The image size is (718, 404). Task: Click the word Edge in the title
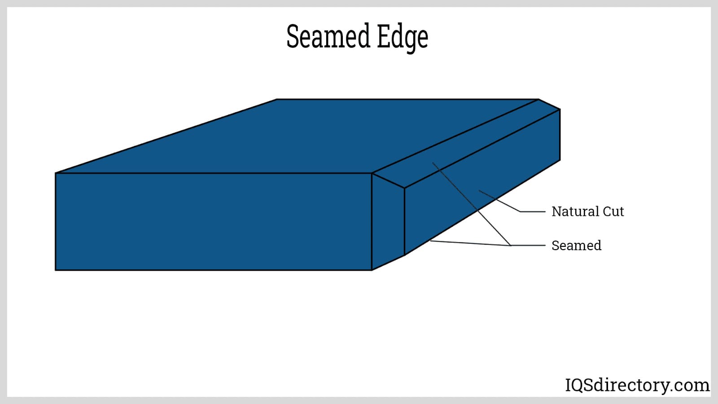(402, 38)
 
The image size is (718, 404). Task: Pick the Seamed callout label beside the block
(576, 246)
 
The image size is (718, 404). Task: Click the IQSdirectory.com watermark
(637, 385)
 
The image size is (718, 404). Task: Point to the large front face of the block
(213, 221)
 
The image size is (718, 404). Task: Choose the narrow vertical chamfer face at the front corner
(388, 222)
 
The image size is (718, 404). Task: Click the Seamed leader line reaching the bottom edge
(471, 243)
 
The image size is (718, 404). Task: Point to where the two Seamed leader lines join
(511, 245)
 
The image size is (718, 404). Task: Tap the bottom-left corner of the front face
(56, 270)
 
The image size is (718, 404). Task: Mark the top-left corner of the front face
(56, 173)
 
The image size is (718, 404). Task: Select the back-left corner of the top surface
(277, 100)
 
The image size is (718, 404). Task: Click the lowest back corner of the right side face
(560, 160)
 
